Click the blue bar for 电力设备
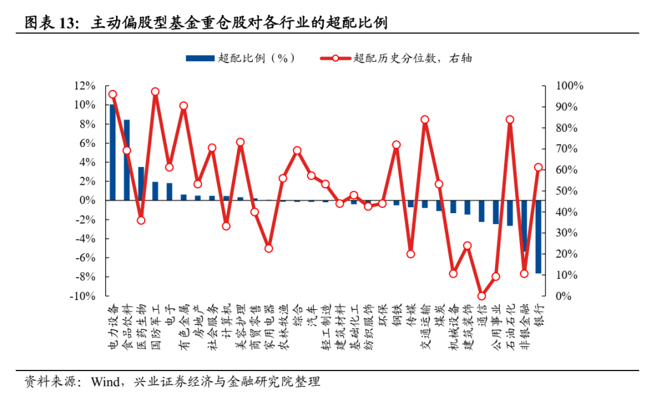pos(112,152)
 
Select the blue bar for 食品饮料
pos(126,160)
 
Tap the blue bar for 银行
pos(538,236)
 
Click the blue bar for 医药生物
pos(141,183)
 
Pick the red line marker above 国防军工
pos(155,92)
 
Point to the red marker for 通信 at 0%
pos(482,296)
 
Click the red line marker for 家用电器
pos(268,248)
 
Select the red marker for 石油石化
pos(510,120)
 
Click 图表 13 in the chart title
pos(52,23)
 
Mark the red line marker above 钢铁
pos(396,145)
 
